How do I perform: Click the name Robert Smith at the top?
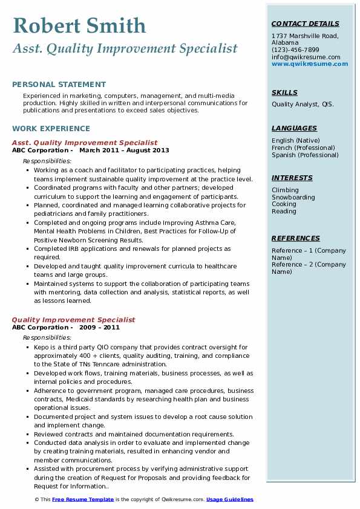click(x=79, y=25)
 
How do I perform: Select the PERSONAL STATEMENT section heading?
click(x=59, y=85)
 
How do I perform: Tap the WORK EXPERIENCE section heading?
click(x=51, y=128)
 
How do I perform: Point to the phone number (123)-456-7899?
click(x=295, y=50)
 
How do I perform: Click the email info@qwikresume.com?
click(x=306, y=57)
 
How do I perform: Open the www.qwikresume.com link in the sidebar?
click(x=306, y=63)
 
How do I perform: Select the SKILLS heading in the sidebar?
click(x=284, y=93)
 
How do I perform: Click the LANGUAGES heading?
click(x=294, y=128)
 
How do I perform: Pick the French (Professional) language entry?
click(x=303, y=148)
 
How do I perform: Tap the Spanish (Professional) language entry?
click(x=305, y=155)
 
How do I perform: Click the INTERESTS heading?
click(x=292, y=178)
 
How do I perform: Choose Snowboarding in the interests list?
click(x=293, y=197)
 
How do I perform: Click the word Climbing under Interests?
click(x=285, y=190)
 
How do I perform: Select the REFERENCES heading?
click(x=296, y=238)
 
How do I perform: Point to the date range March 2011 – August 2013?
click(x=124, y=151)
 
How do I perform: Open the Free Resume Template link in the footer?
click(x=83, y=499)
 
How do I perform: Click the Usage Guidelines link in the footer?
click(x=230, y=499)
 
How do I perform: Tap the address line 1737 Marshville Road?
click(x=304, y=36)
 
